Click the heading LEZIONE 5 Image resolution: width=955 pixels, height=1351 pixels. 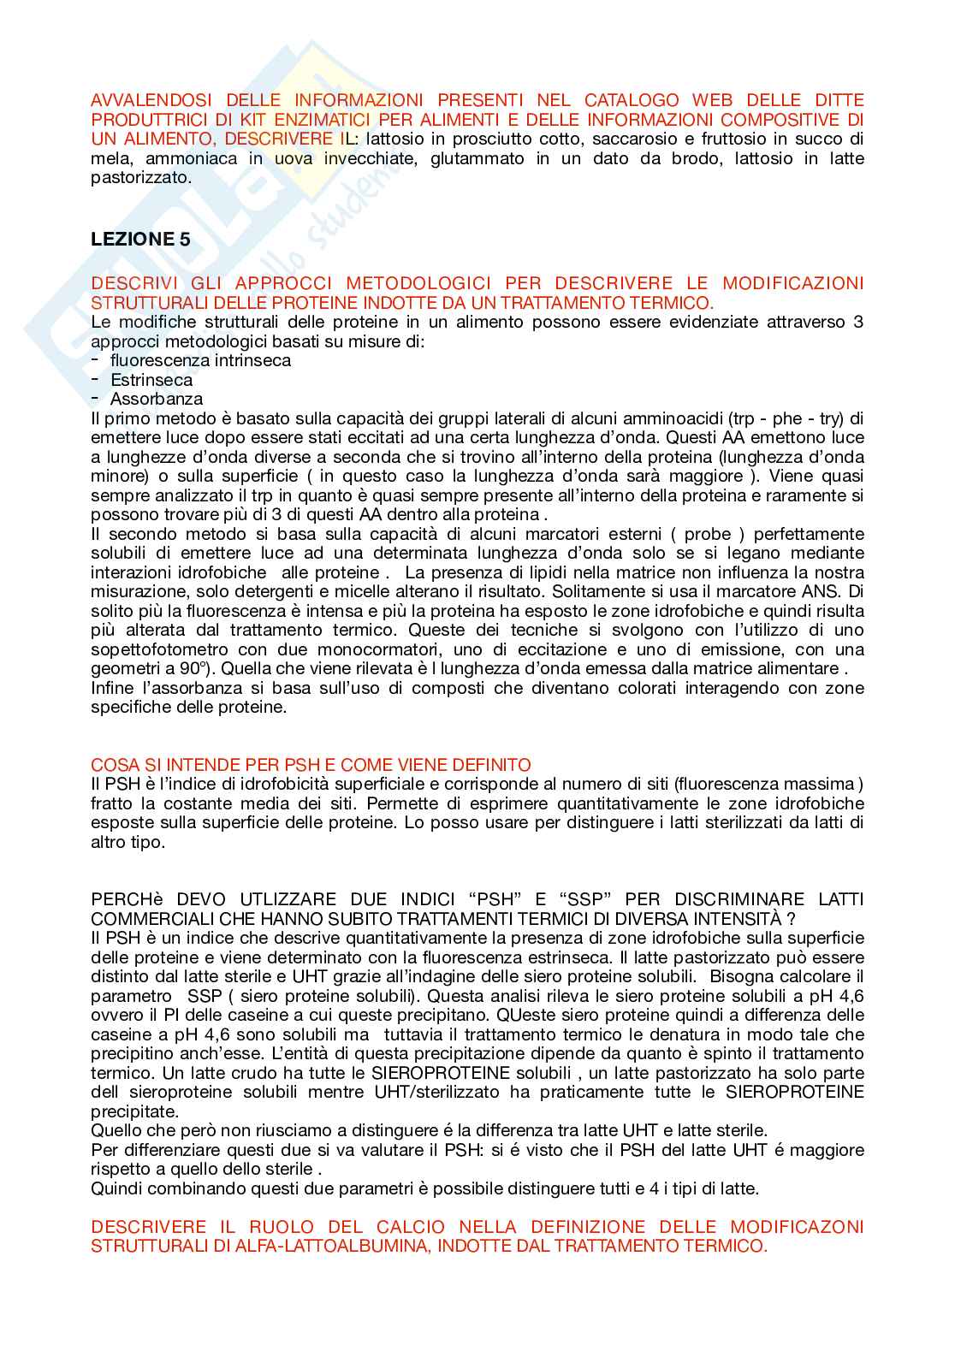[140, 240]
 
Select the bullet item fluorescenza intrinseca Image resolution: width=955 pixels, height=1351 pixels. [200, 360]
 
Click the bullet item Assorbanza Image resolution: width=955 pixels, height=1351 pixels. [157, 400]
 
